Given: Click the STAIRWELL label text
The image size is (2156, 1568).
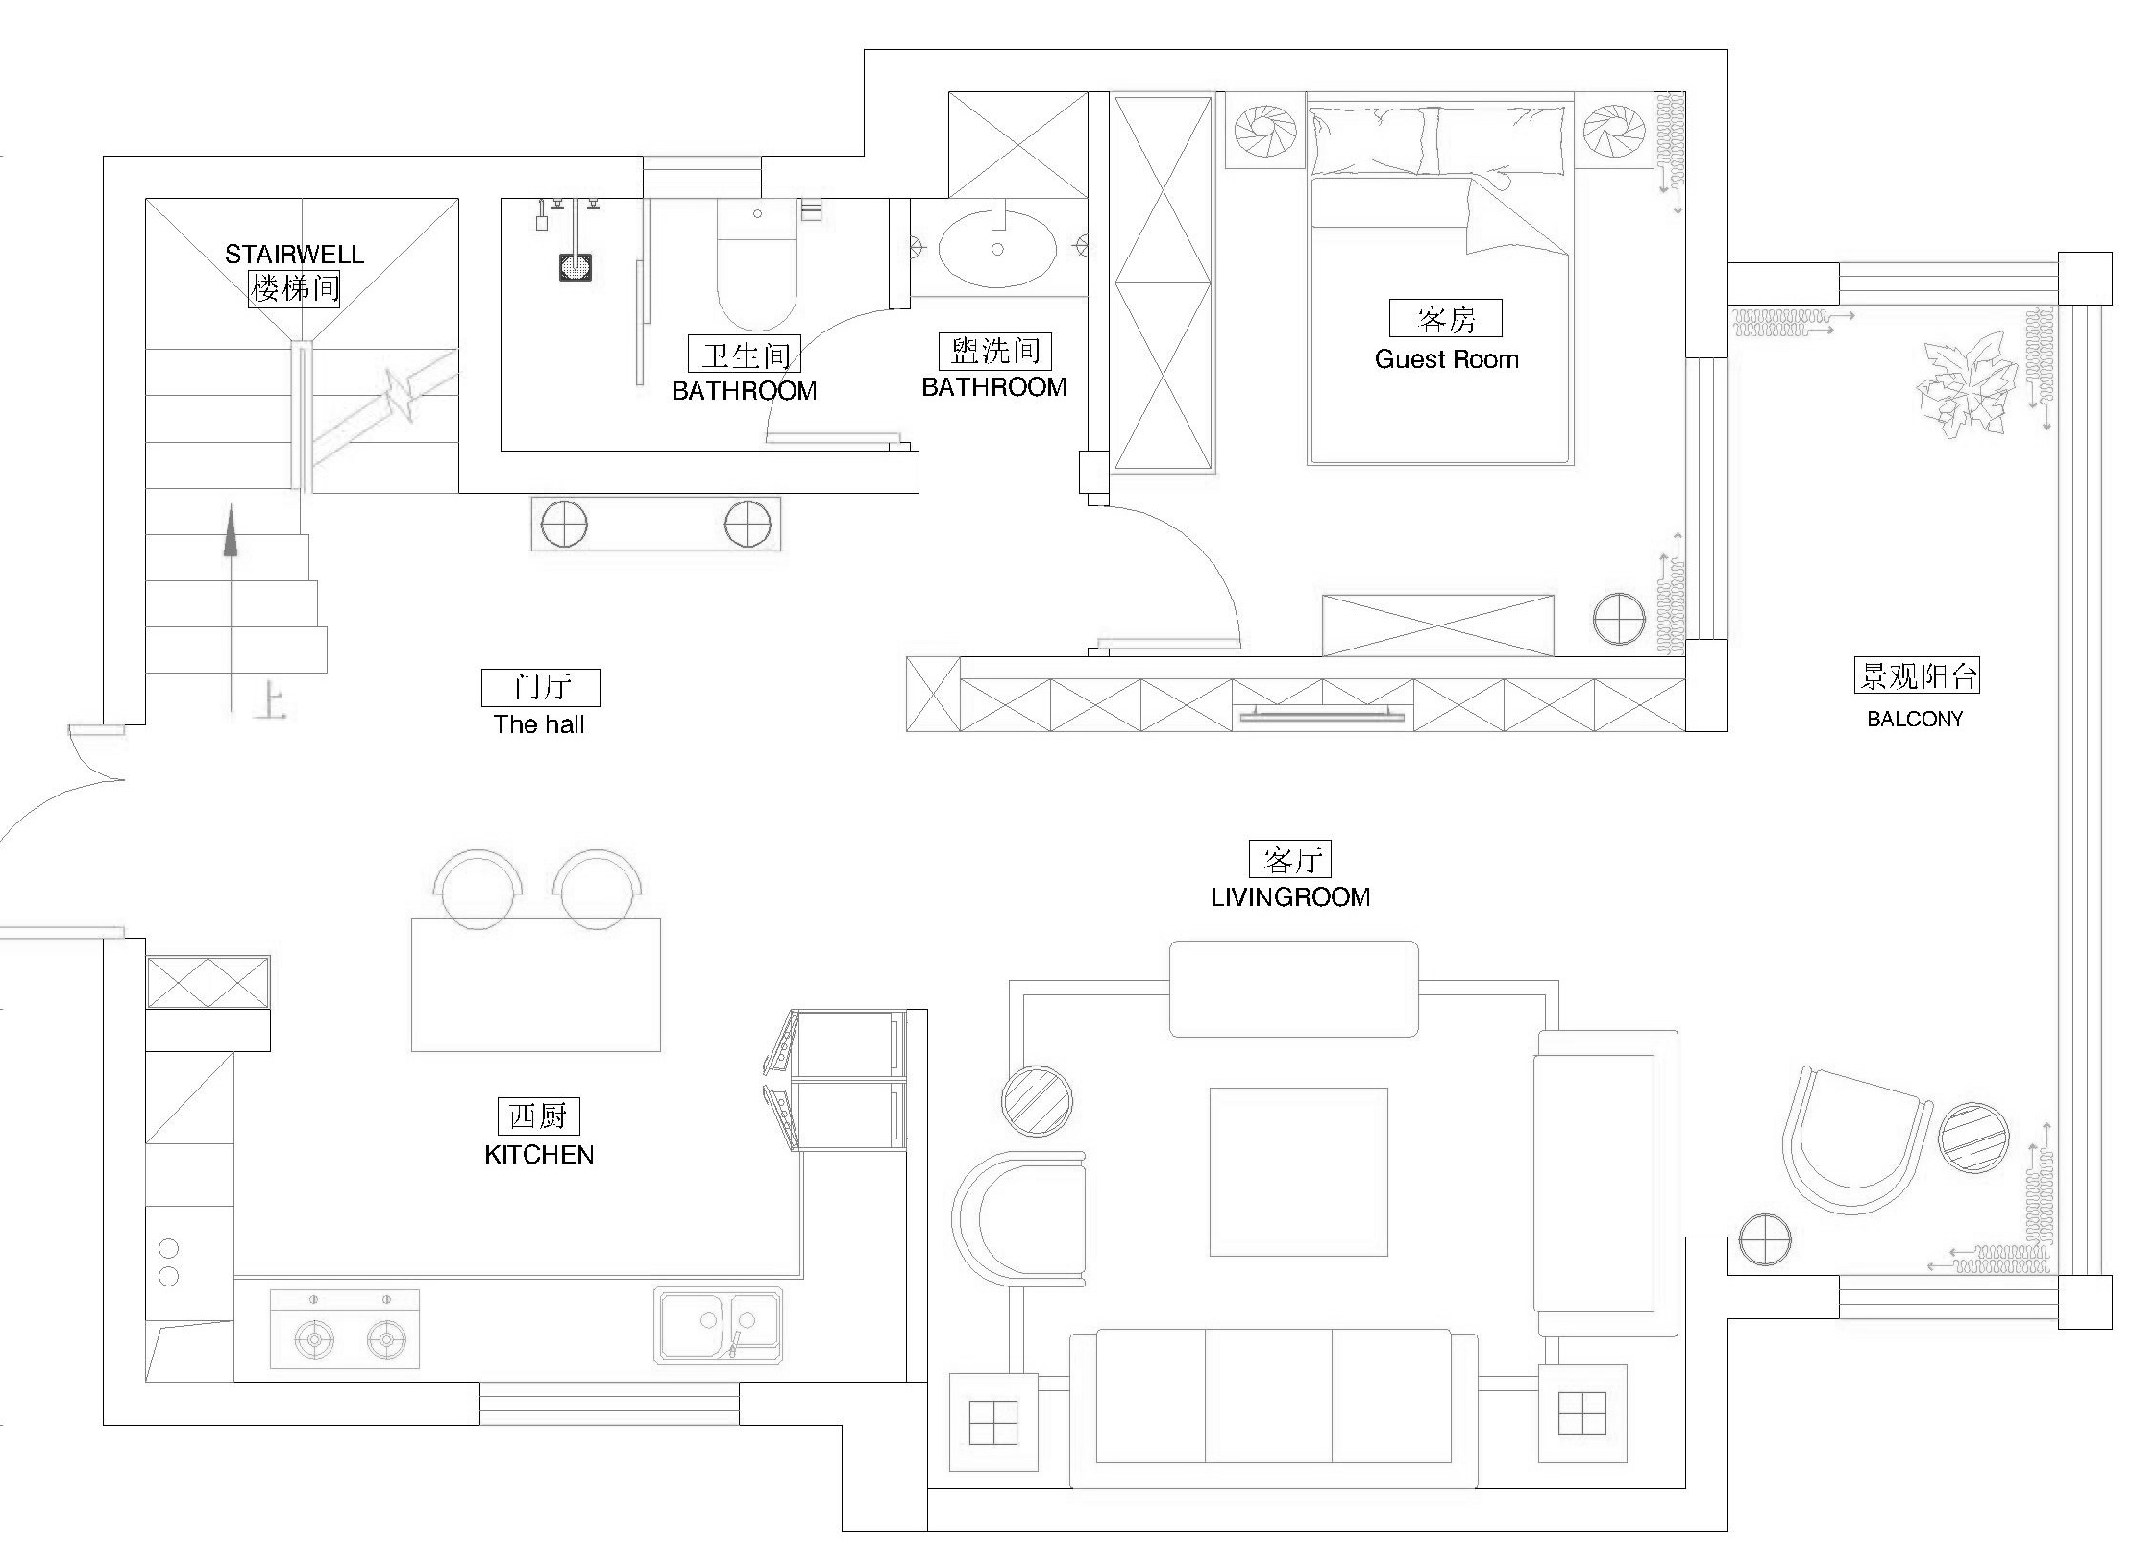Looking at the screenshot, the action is (x=294, y=255).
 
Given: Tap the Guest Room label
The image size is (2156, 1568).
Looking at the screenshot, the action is (x=1446, y=359).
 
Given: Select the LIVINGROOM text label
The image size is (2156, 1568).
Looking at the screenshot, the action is (x=1289, y=897).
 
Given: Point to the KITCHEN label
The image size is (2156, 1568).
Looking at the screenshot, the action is (x=539, y=1155).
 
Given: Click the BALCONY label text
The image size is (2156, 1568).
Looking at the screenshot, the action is (x=1915, y=719).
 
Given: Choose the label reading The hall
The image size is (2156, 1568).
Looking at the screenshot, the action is (x=539, y=724).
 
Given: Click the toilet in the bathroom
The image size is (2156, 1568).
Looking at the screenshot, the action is (x=757, y=264).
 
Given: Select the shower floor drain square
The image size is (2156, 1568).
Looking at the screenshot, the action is (x=576, y=267).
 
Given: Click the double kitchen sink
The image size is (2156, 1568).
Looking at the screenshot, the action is (x=719, y=1325).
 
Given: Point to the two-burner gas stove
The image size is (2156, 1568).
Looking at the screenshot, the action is (x=345, y=1329).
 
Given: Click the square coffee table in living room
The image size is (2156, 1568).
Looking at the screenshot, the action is (x=1298, y=1171).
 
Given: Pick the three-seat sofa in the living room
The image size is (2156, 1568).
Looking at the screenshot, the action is (x=1273, y=1408).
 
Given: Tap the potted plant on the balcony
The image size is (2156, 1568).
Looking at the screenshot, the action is (x=1965, y=385).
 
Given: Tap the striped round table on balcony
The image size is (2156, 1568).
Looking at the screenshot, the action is (x=1973, y=1138).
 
